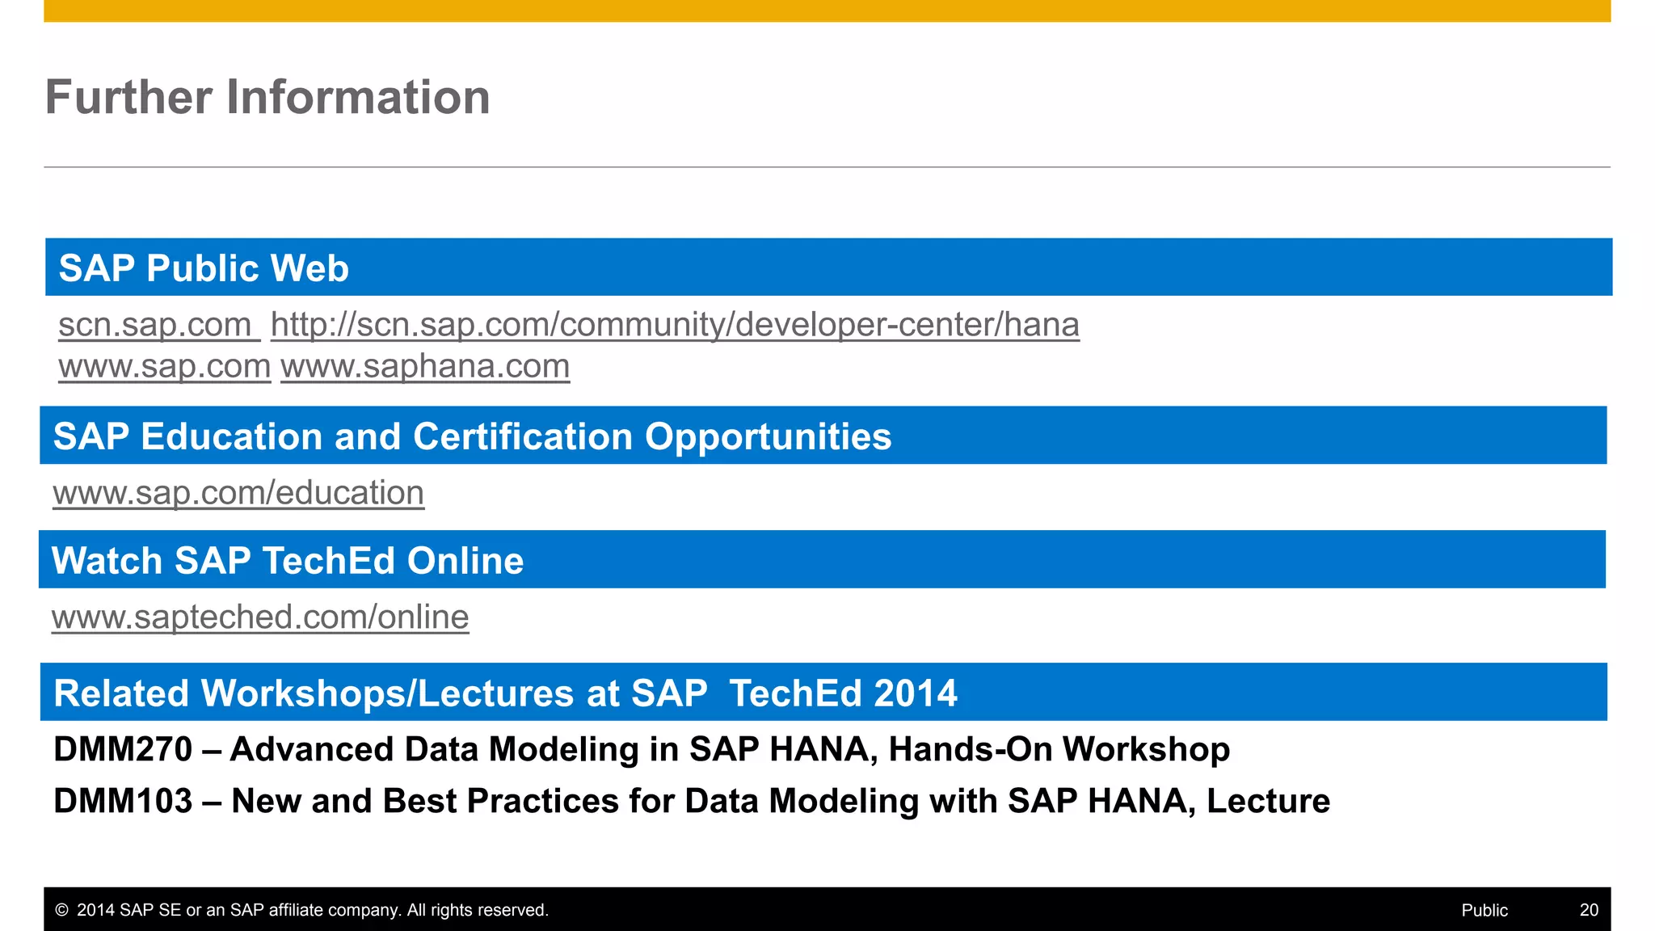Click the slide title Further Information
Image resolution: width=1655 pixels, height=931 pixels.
point(267,97)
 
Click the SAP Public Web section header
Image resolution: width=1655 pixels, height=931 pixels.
point(204,268)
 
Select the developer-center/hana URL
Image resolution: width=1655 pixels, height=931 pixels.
point(675,325)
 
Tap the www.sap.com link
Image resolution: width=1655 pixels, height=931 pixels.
point(164,367)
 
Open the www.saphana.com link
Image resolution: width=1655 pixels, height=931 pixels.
point(425,367)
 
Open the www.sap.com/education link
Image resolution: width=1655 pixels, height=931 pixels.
point(238,493)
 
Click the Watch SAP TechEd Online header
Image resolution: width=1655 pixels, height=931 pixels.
point(288,561)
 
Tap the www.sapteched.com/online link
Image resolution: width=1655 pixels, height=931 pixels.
point(260,617)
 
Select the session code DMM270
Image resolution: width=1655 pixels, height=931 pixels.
point(123,749)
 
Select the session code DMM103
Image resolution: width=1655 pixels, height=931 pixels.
point(123,801)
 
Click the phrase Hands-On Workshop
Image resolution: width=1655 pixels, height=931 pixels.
point(1059,749)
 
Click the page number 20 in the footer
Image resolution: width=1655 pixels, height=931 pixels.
point(1589,910)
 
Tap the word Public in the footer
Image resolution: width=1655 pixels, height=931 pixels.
point(1484,910)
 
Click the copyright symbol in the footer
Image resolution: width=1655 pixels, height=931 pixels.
point(61,910)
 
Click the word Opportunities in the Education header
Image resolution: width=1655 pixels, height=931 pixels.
point(768,436)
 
